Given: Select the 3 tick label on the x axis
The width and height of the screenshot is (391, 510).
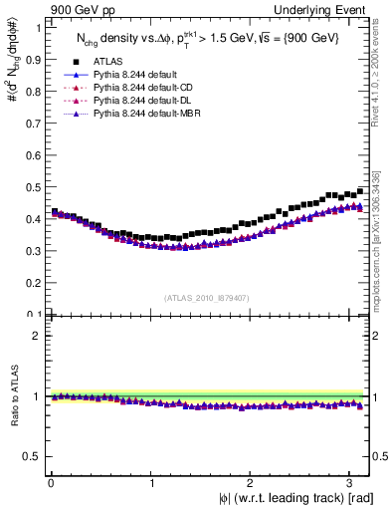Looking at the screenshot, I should pos(351,483).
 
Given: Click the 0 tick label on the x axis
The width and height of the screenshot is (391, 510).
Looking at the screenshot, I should pos(50,483).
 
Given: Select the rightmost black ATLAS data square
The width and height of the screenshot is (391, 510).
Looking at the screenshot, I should pos(360,190).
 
